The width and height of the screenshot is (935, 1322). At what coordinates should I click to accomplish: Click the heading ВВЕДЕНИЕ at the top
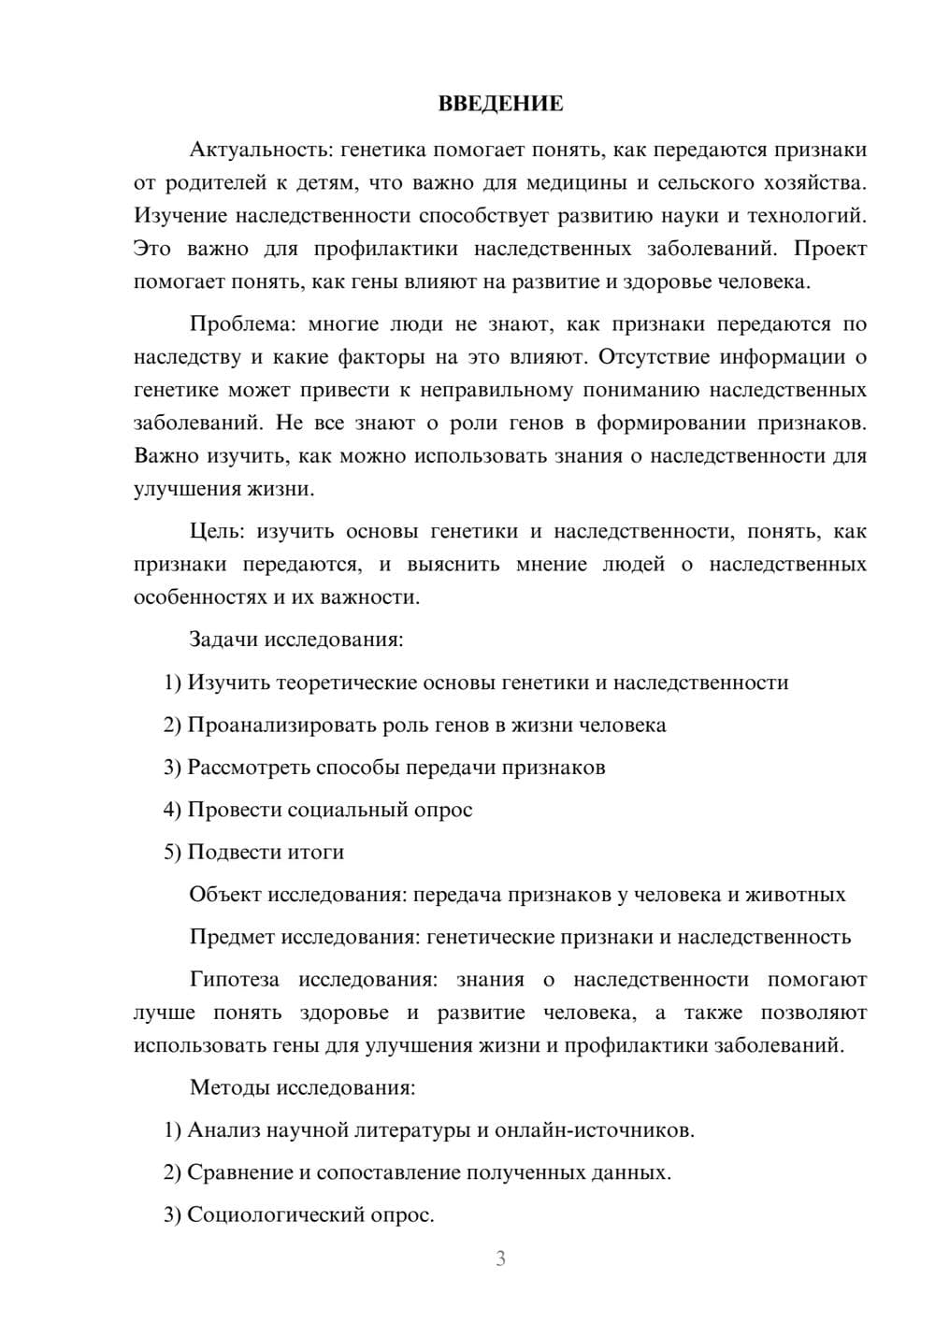[x=500, y=104]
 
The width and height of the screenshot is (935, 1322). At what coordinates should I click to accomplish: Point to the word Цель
[x=216, y=531]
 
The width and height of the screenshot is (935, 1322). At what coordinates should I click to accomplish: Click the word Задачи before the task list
[x=224, y=640]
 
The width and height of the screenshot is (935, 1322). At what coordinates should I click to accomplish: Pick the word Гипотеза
[x=234, y=980]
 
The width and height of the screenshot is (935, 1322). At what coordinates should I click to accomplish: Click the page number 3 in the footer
[x=500, y=1258]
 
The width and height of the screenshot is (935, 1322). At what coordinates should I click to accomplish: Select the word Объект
[x=225, y=895]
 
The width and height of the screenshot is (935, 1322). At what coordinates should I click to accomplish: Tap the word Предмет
[x=232, y=937]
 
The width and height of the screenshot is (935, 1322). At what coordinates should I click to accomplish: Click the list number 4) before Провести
[x=172, y=810]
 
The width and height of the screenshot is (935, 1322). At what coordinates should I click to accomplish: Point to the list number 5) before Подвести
[x=172, y=853]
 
